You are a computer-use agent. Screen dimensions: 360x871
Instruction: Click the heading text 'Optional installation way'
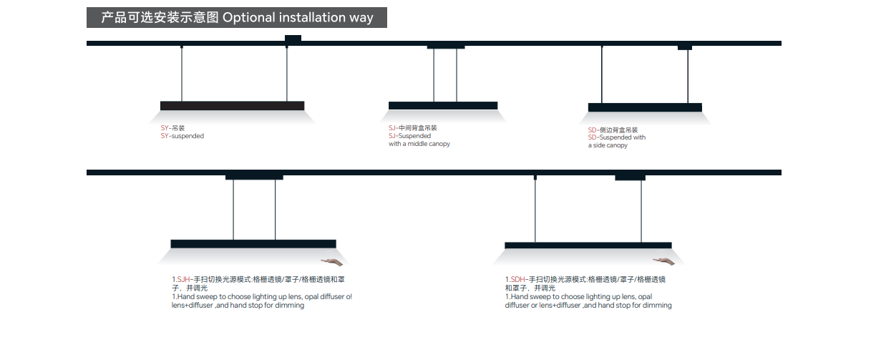(298, 18)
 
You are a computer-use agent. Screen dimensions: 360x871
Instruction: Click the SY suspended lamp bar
(233, 106)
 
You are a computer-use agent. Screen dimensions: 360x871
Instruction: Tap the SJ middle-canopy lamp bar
(443, 106)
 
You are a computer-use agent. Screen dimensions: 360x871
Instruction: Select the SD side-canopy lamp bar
(645, 107)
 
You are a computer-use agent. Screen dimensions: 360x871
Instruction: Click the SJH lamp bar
(253, 244)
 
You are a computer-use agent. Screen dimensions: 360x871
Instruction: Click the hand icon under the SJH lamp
(329, 262)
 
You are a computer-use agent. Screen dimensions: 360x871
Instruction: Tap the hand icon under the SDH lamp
(662, 262)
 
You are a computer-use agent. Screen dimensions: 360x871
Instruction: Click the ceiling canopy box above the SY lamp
(293, 38)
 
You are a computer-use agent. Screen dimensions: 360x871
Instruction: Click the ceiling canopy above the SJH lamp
(254, 177)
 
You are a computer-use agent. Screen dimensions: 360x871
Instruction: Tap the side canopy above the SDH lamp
(630, 177)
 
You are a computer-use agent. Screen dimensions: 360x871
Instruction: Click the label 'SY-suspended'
(183, 136)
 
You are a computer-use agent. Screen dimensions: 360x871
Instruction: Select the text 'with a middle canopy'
(419, 144)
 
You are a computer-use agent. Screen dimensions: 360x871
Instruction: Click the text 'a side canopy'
(608, 145)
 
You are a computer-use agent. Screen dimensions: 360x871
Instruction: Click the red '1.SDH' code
(515, 279)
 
